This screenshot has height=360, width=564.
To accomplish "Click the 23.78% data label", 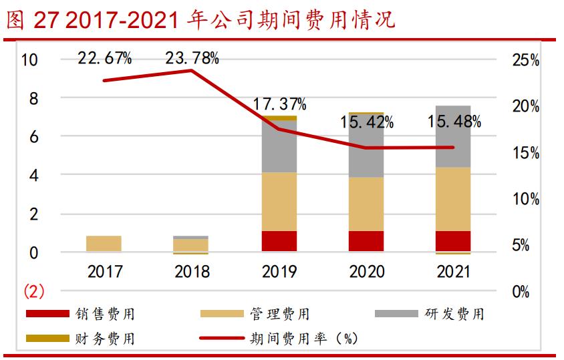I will (192, 59).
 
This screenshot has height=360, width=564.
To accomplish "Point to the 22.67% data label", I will (105, 59).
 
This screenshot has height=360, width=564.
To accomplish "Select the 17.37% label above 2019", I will (279, 105).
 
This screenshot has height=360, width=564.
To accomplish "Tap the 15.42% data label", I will (366, 123).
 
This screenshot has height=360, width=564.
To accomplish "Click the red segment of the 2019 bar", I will (279, 241).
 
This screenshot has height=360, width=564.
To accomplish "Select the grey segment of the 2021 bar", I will (453, 136).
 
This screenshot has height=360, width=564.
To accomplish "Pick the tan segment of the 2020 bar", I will (366, 204).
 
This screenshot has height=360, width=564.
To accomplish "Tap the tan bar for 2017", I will (104, 244).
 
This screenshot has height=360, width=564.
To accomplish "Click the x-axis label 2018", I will (192, 272).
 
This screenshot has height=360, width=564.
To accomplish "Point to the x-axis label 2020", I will (366, 272).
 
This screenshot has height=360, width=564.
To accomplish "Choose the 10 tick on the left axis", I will (30, 60).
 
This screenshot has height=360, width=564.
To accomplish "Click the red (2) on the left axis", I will (33, 291).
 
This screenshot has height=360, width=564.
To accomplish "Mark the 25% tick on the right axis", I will (525, 61).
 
